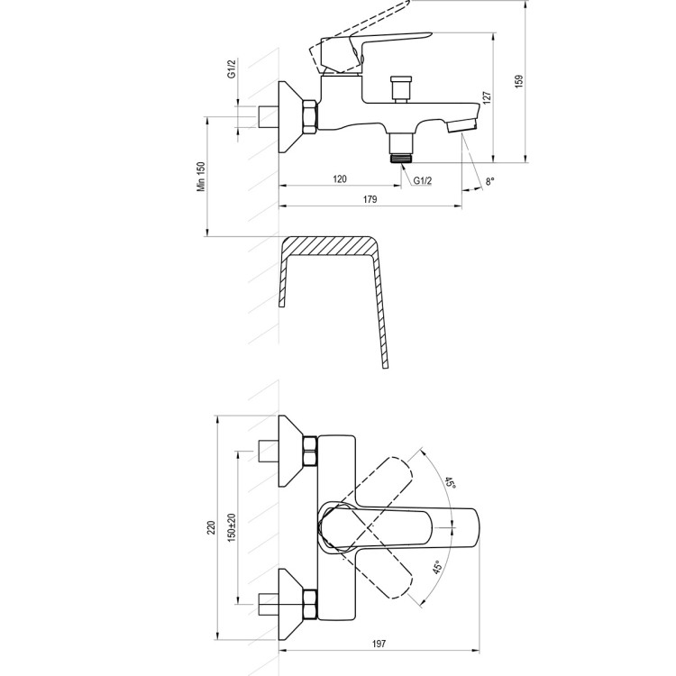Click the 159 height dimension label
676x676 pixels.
[x=518, y=81]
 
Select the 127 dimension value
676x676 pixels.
[x=487, y=98]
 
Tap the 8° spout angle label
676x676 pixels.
[x=490, y=181]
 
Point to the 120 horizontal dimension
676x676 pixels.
[x=340, y=178]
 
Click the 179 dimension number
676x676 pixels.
[x=370, y=199]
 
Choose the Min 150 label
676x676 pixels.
[x=201, y=177]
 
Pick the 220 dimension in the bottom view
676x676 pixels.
[x=211, y=527]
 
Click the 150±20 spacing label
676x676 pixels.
[x=233, y=527]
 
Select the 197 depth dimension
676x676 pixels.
[x=379, y=644]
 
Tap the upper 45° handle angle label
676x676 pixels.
[x=450, y=482]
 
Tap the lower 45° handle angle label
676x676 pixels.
[x=438, y=567]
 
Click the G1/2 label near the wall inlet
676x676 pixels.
[x=232, y=69]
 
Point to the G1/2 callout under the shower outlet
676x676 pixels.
[x=423, y=180]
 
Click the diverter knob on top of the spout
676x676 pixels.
[x=400, y=89]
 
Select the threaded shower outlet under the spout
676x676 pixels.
[x=401, y=148]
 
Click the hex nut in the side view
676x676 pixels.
[x=310, y=116]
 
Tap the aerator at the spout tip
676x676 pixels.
[x=462, y=125]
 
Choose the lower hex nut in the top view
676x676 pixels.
[x=310, y=605]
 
